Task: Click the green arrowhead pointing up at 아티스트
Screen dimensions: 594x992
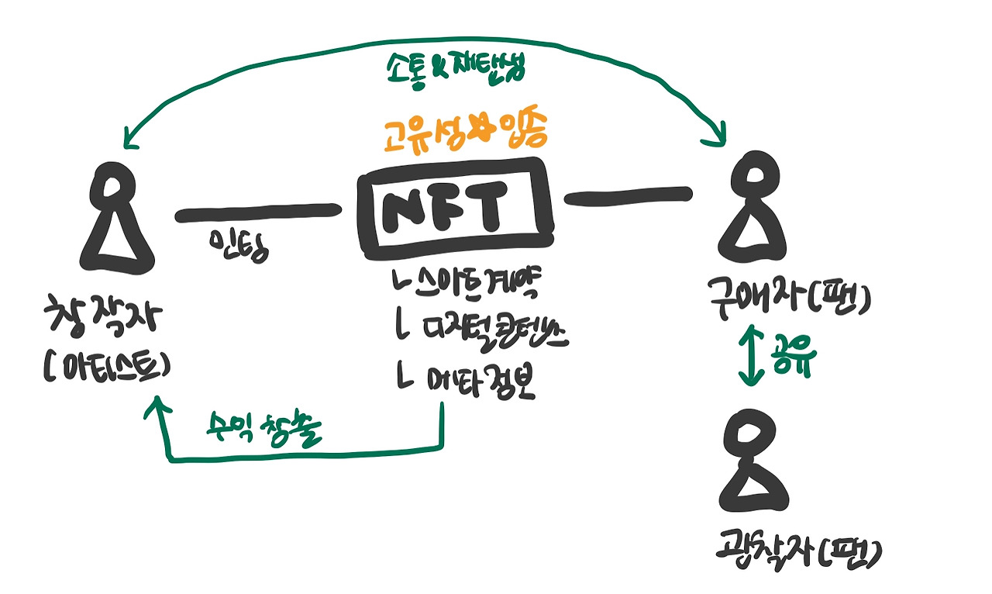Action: [x=157, y=406]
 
